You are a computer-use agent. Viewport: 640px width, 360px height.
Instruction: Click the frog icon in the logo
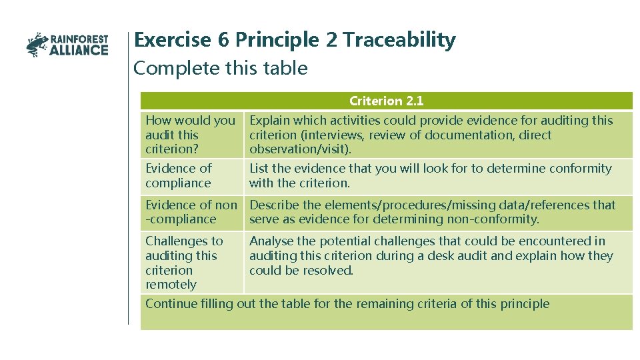click(37, 45)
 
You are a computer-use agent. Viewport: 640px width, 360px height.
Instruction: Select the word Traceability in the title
click(399, 40)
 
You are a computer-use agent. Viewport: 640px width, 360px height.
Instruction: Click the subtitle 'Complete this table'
click(221, 68)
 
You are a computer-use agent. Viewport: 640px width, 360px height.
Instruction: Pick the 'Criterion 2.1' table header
click(386, 101)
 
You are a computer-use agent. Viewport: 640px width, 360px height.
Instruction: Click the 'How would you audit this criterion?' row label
click(190, 135)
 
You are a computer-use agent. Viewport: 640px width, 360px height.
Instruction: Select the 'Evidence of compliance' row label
click(178, 175)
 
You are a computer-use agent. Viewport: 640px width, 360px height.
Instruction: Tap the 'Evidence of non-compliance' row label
click(191, 212)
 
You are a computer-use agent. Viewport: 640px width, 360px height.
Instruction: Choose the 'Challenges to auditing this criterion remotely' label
click(184, 262)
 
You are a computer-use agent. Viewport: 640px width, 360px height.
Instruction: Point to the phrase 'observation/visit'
click(298, 149)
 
